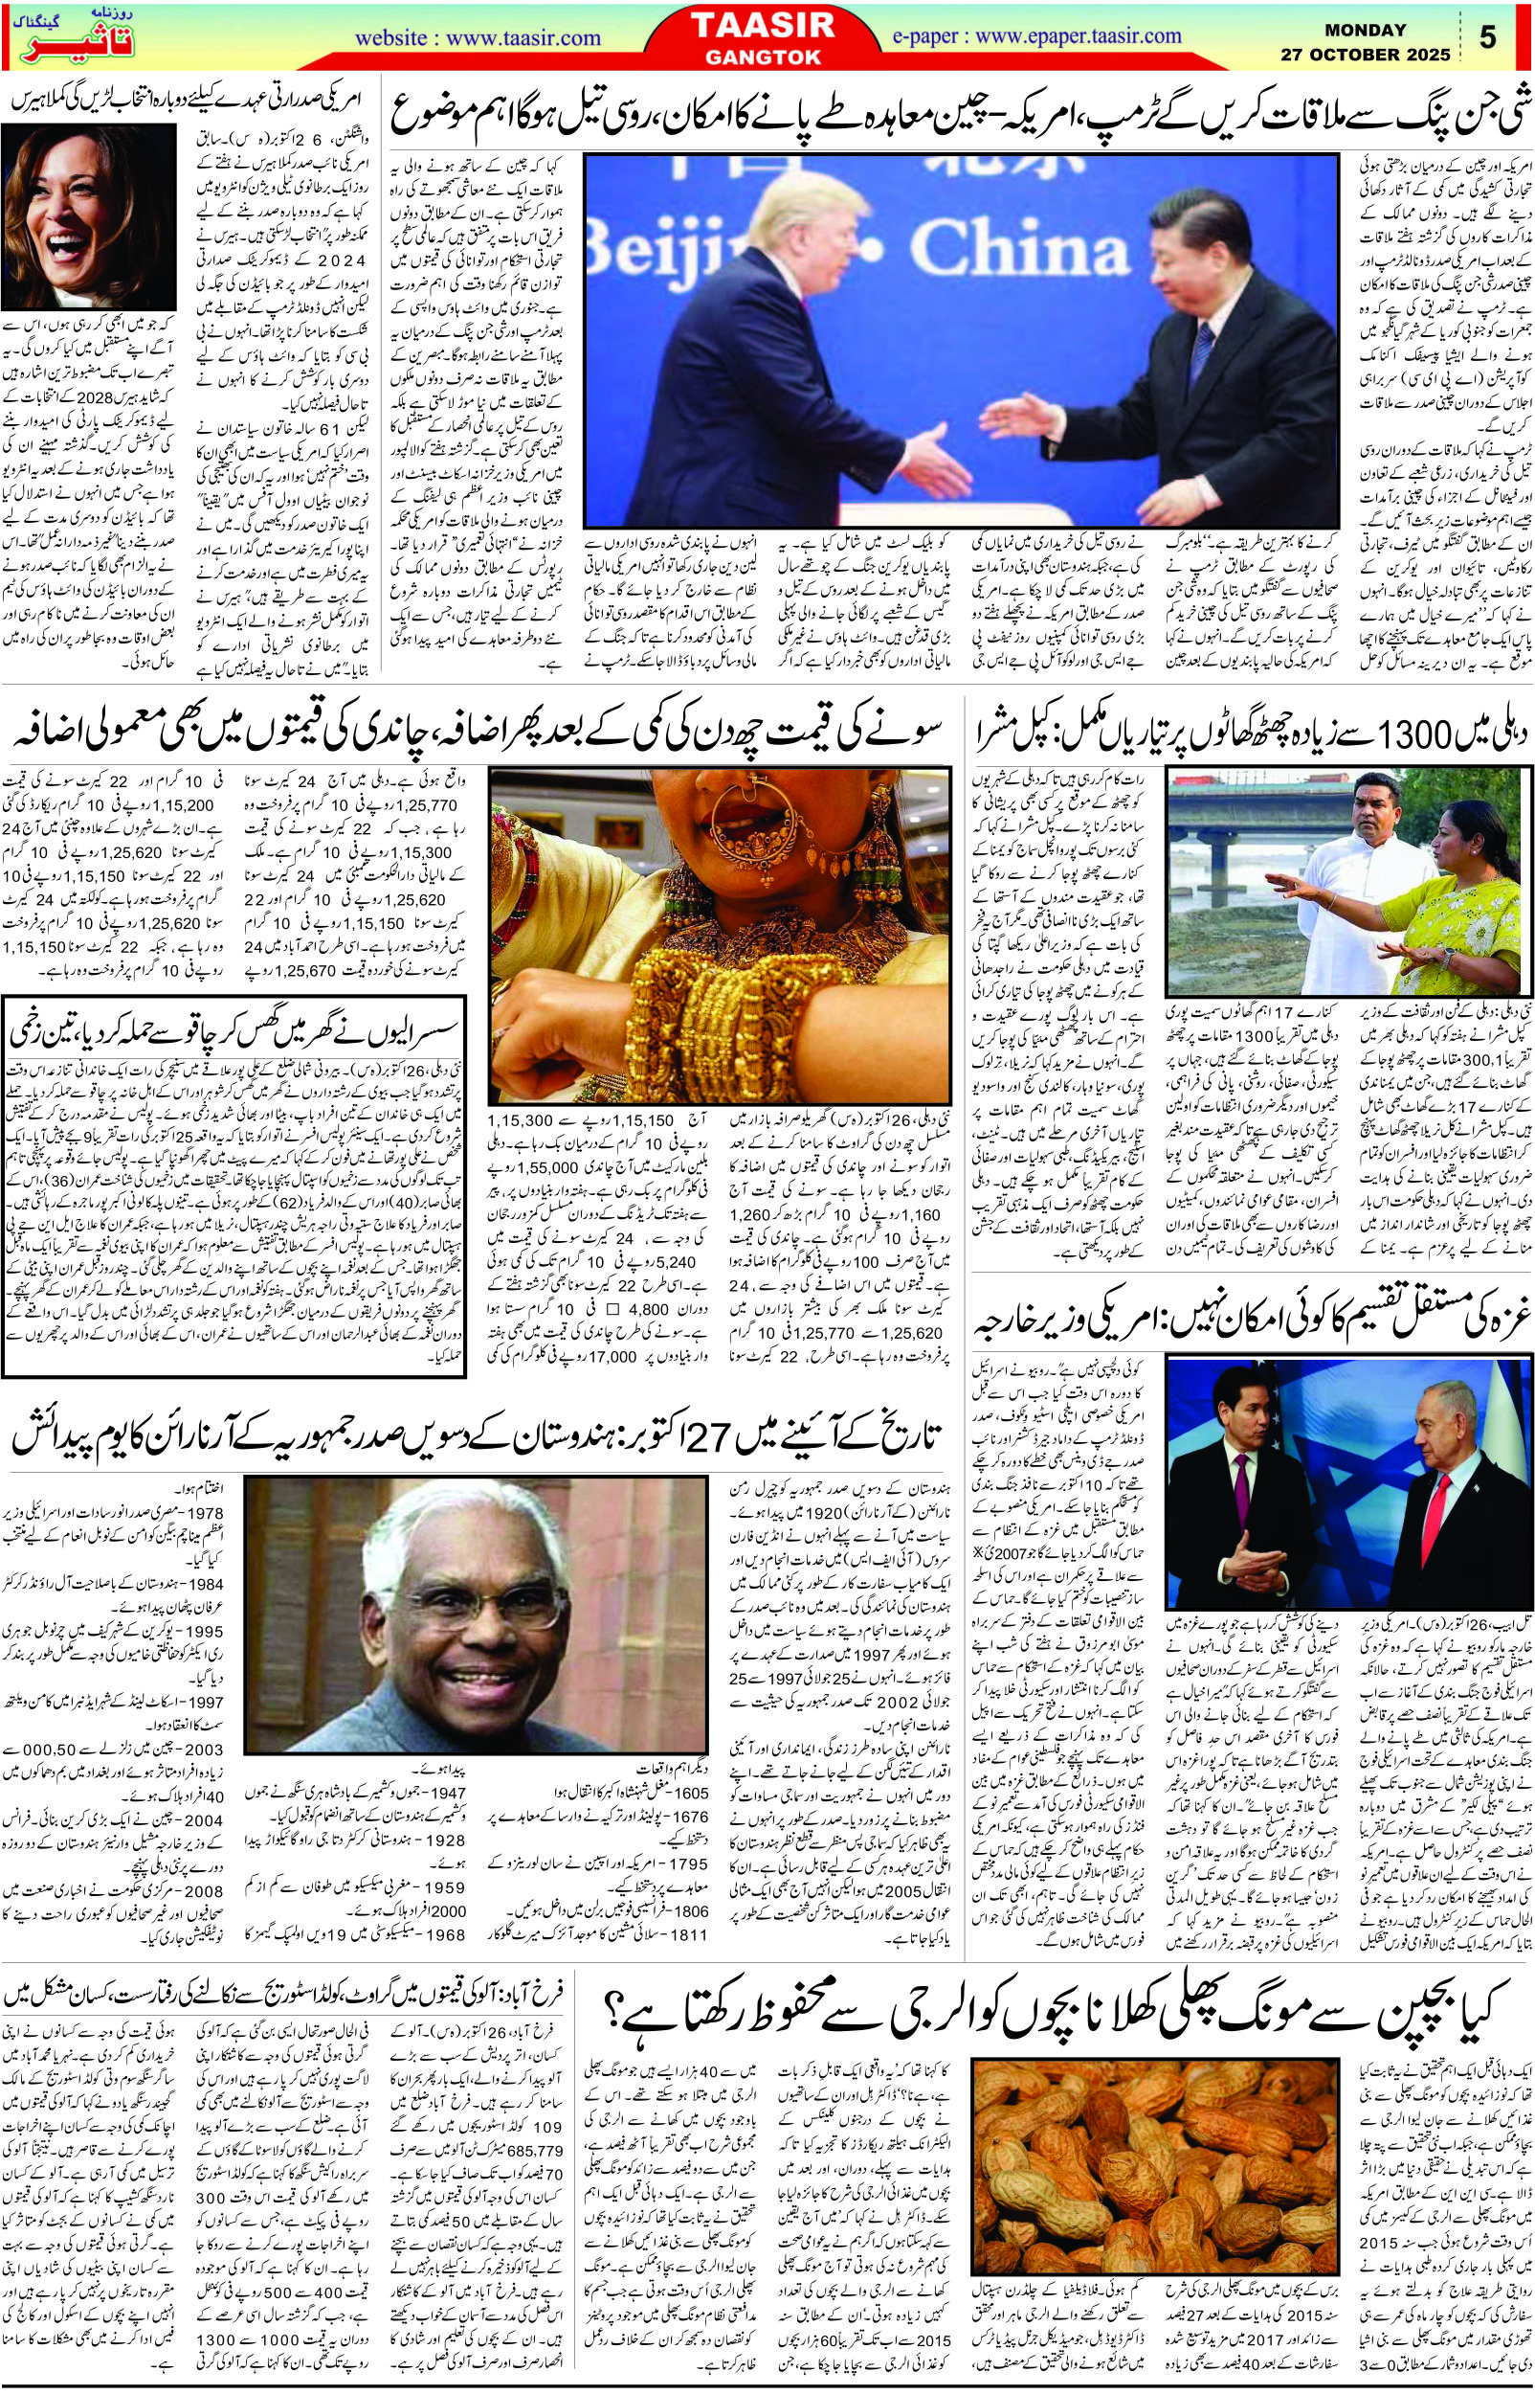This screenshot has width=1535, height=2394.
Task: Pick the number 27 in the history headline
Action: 767,1436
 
